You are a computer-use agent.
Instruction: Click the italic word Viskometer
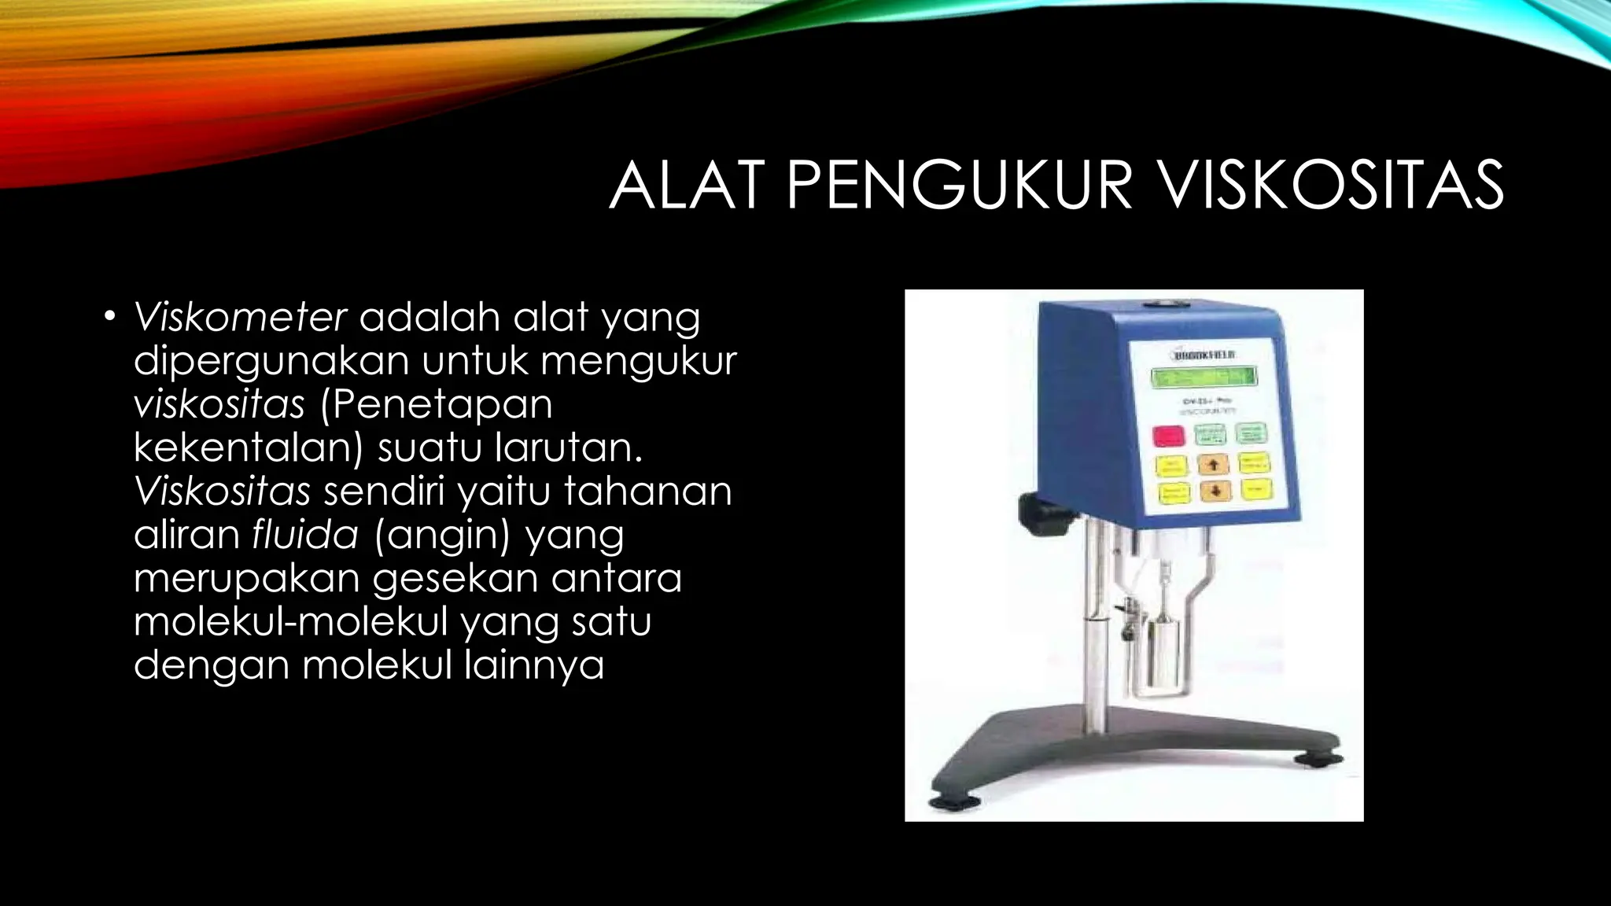pos(241,317)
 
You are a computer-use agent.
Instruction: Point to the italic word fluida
pos(305,535)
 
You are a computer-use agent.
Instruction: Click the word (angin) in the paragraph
pos(442,536)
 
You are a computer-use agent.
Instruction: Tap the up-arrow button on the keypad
pos(1213,465)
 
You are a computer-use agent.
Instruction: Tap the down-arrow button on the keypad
pos(1215,491)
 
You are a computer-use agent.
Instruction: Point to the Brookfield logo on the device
pos(1203,355)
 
